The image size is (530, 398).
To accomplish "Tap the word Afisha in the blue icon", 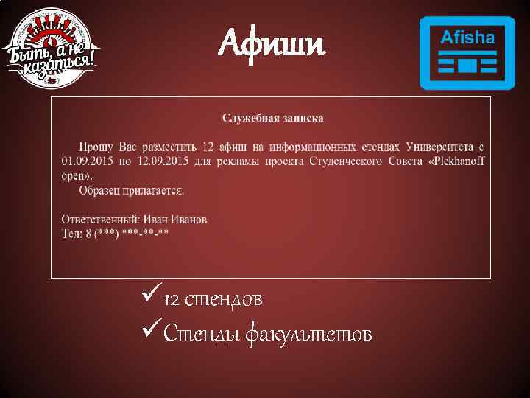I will coord(467,38).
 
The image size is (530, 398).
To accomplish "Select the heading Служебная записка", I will coord(272,118).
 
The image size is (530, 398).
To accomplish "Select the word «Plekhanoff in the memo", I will coord(456,161).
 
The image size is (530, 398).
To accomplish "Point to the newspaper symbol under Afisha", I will coord(467,66).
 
